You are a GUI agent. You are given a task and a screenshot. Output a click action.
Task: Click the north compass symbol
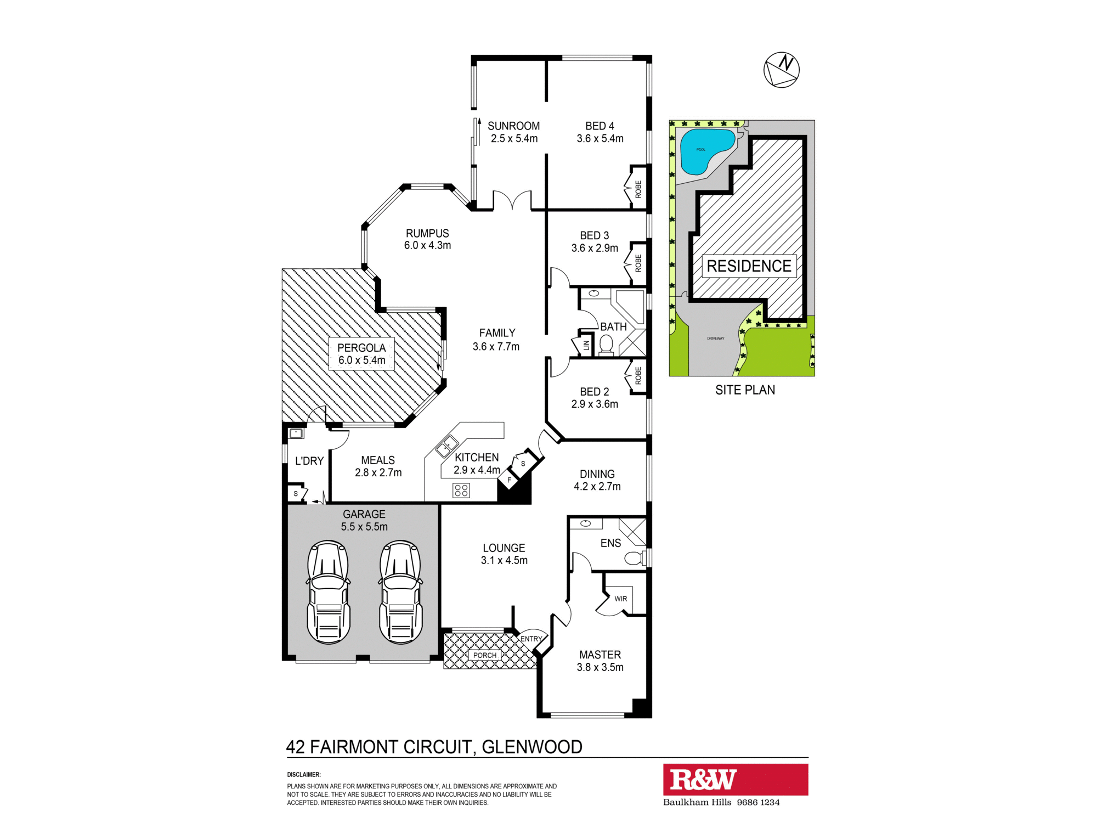coord(782,70)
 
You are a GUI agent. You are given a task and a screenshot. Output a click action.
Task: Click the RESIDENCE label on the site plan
coord(749,266)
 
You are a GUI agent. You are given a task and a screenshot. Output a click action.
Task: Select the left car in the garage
coord(328,592)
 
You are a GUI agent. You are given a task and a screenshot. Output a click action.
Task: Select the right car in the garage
coord(400,592)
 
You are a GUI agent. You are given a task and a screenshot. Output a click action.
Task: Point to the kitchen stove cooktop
coord(461,490)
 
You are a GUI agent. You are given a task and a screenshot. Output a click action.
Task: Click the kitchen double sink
coord(447,446)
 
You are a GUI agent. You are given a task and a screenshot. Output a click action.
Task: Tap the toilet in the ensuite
coord(635,559)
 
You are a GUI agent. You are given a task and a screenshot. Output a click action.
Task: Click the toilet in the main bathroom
coord(606,346)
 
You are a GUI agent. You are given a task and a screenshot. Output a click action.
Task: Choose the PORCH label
coord(485,655)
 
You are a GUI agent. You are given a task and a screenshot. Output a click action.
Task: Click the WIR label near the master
coord(620,599)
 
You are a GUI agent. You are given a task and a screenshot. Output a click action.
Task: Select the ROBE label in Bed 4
coord(638,189)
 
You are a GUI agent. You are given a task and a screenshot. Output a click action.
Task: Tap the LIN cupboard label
coord(586,345)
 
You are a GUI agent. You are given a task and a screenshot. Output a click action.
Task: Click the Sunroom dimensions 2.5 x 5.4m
coord(514,139)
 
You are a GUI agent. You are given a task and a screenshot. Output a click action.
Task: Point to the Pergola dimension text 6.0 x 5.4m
coord(361,360)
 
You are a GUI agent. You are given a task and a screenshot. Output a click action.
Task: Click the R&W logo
coord(703,780)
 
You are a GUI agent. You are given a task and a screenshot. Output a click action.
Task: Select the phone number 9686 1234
coord(758,802)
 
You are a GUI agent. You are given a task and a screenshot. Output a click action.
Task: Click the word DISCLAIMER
coord(304,775)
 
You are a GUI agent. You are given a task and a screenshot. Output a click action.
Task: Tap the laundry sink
coord(296,433)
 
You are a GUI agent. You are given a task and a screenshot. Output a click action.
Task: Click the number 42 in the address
coord(295,747)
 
